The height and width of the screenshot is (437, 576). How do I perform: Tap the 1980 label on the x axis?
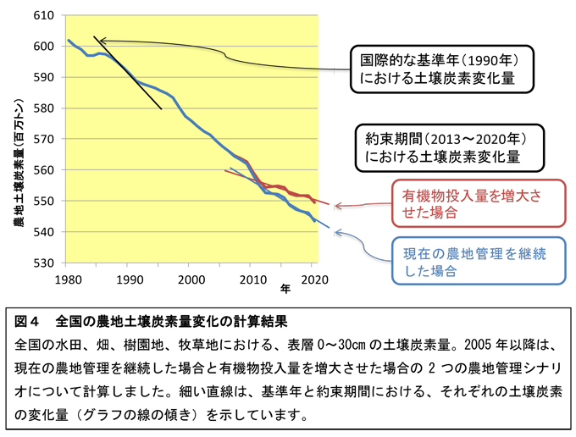[x=68, y=279]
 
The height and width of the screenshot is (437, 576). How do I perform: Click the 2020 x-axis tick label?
[x=313, y=279]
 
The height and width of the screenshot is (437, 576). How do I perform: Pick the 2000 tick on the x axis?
[x=191, y=279]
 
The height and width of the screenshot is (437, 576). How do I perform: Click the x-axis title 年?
[x=285, y=289]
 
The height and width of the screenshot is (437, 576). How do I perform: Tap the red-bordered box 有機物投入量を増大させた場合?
[x=478, y=204]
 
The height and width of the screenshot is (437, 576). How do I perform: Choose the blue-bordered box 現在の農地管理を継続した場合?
[x=478, y=259]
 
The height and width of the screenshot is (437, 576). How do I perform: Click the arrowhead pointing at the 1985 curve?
[x=97, y=39]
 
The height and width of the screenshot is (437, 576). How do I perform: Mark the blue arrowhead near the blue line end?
[x=336, y=231]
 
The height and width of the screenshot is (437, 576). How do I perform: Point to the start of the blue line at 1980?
[x=69, y=40]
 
